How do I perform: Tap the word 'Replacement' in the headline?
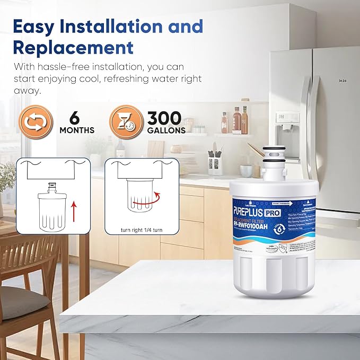tap(73, 47)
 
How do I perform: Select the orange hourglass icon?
tap(126, 122)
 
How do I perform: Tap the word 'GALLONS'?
tap(166, 130)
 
